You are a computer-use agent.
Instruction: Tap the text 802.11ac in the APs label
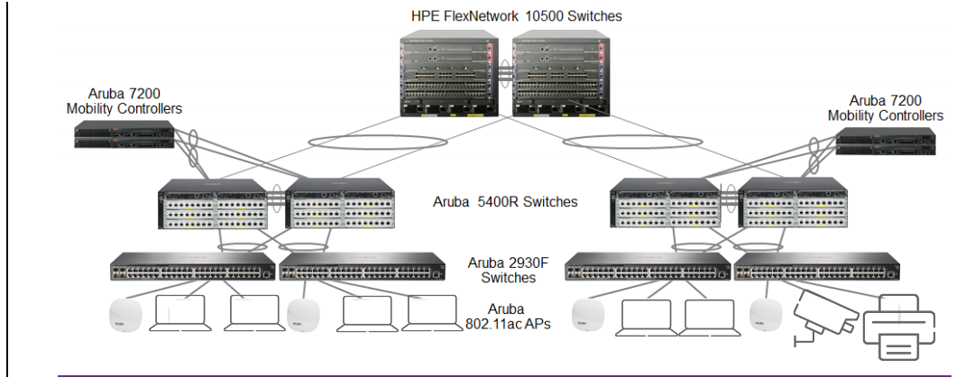[495, 323]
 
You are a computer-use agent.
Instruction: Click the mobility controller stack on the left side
[125, 136]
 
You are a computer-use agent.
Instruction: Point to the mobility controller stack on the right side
[885, 140]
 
